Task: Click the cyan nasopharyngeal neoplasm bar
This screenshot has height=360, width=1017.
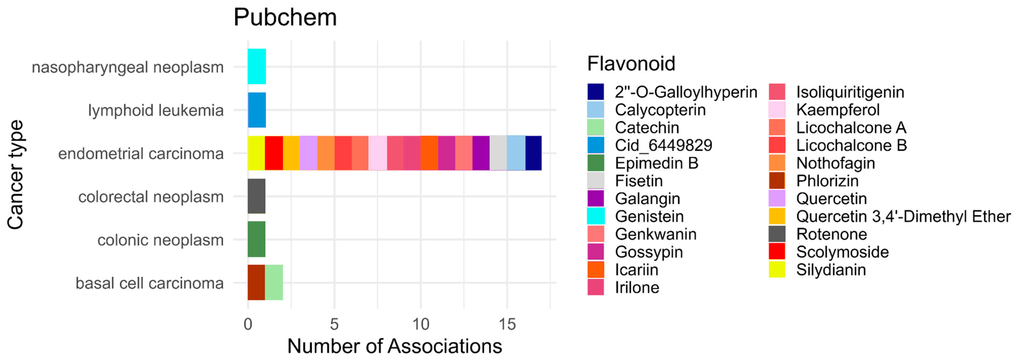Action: coord(257,66)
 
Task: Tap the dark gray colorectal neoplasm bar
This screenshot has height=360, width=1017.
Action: coord(257,196)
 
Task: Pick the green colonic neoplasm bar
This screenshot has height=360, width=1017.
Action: coord(257,239)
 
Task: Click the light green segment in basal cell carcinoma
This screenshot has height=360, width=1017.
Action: coord(274,283)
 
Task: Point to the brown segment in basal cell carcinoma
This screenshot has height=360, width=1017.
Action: coord(257,283)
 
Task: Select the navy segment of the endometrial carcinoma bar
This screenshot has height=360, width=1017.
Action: coord(533,153)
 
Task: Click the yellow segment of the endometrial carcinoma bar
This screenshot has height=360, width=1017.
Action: coord(257,153)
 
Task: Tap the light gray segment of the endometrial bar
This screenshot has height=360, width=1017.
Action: coord(498,153)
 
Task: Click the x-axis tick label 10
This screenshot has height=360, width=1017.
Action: coord(421,324)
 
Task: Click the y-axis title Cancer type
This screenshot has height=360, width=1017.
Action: coord(16,174)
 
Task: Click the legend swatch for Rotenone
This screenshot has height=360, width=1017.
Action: coord(777,234)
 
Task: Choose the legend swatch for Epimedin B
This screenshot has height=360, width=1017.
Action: coord(596,163)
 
